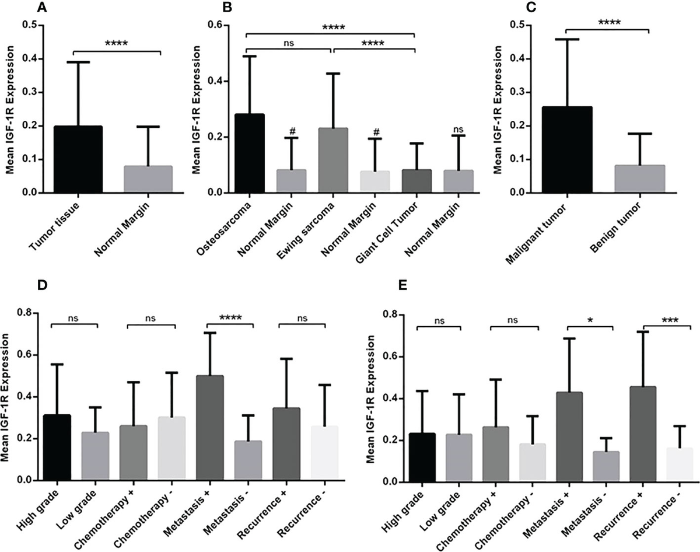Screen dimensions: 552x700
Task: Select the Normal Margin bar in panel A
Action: click(x=148, y=179)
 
